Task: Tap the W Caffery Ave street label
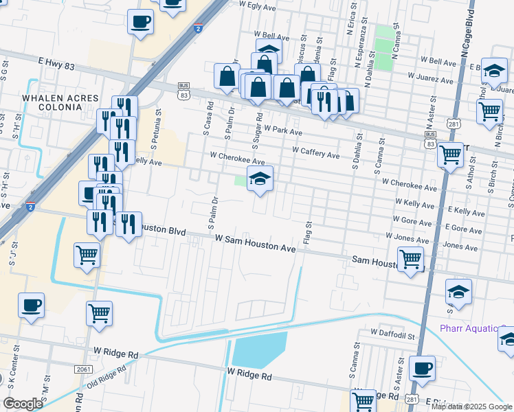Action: coord(315,154)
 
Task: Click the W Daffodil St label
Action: coord(393,331)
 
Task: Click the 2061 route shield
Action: coord(83,369)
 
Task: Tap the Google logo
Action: coord(22,404)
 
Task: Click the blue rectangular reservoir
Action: coord(259,350)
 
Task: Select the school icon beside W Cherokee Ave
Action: coord(260,179)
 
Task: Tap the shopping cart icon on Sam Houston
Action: coord(410,260)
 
